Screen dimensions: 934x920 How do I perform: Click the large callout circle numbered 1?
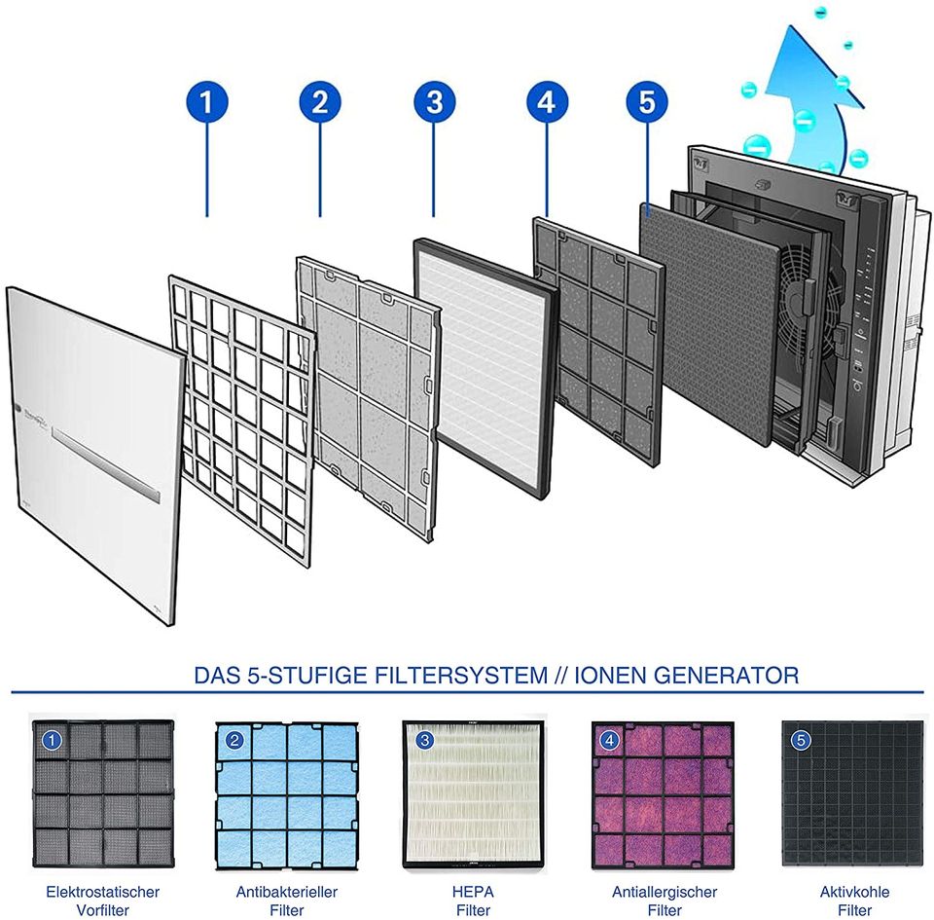tap(206, 102)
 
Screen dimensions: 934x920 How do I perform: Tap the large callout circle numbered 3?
tap(434, 102)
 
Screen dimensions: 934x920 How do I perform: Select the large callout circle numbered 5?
tap(647, 102)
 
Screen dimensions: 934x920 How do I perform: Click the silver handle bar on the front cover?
tap(106, 465)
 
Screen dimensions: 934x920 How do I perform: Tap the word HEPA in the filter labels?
tap(473, 892)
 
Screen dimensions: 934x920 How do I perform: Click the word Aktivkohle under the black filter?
tap(854, 892)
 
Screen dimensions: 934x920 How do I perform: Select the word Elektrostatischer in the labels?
tap(102, 892)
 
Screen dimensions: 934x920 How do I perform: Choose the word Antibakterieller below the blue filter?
tap(286, 892)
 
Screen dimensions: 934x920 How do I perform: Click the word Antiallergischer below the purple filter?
tap(665, 892)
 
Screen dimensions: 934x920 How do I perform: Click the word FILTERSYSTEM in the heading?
tap(461, 676)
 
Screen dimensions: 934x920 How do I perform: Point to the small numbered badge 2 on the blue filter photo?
tap(234, 740)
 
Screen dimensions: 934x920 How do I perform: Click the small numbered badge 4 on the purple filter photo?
tap(609, 740)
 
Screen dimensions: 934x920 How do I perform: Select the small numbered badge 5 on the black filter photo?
tap(800, 740)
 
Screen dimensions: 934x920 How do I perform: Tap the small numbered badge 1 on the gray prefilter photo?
tap(52, 740)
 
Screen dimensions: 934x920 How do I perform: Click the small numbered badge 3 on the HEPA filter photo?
tap(424, 740)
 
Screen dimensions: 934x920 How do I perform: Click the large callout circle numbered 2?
tap(320, 102)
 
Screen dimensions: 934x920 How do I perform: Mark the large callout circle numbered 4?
tap(547, 102)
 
